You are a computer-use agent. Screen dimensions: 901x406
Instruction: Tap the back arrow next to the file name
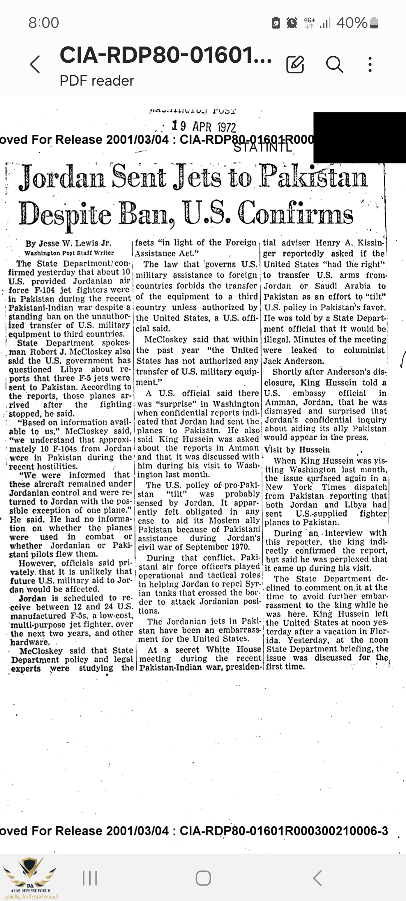coord(35,64)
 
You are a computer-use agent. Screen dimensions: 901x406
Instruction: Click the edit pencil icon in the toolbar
coord(295,64)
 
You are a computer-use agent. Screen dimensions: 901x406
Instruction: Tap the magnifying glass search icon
coord(334,64)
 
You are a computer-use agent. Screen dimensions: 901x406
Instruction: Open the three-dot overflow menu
coord(370,64)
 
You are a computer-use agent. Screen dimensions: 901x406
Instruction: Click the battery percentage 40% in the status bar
coord(352,23)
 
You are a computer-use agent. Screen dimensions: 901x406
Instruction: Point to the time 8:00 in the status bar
coord(44,23)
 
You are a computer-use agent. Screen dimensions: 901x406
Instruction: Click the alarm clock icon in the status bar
coord(292,23)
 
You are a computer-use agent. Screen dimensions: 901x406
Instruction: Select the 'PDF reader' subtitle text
coord(97,81)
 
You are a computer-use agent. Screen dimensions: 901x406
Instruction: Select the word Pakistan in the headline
coord(314,176)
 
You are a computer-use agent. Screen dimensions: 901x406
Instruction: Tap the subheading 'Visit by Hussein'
coord(297,450)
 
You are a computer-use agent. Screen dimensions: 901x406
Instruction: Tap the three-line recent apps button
coord(90,878)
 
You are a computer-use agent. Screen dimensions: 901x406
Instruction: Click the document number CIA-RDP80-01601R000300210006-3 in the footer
coord(284,831)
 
